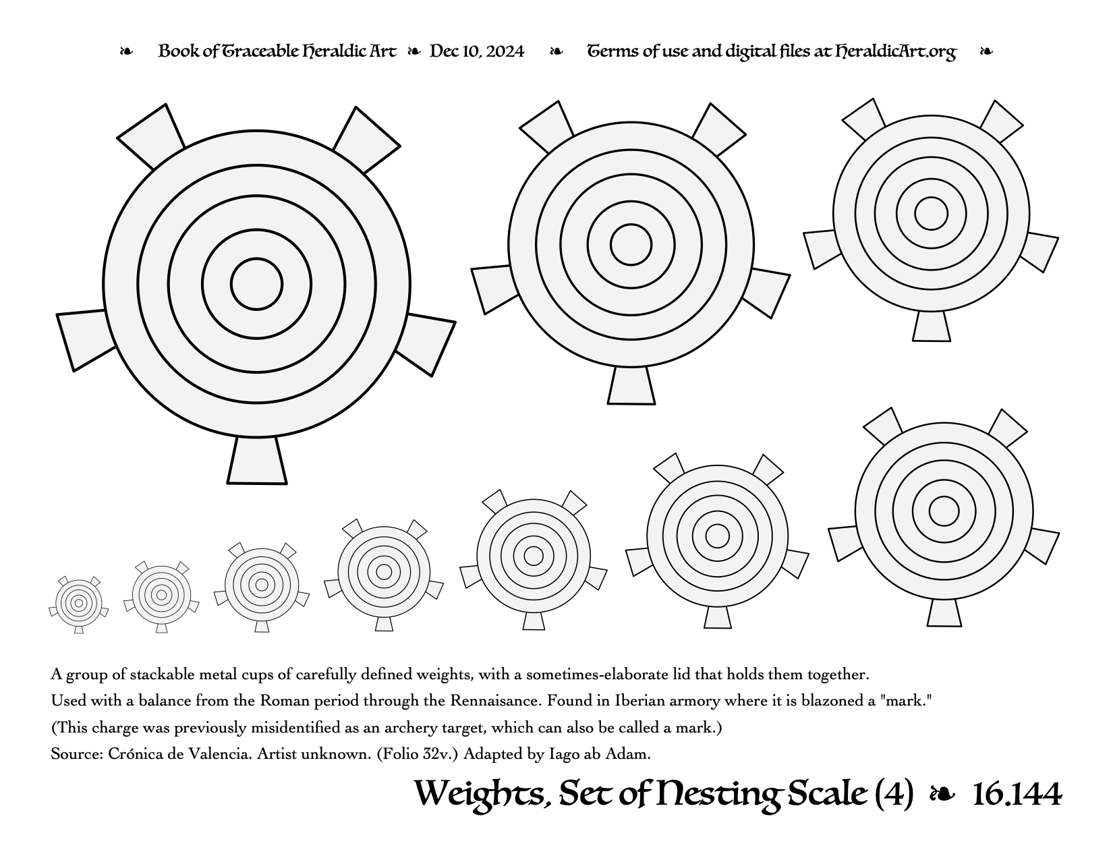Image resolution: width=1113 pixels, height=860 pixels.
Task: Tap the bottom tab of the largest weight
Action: tap(256, 460)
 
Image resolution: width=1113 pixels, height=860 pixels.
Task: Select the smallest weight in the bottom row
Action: tap(78, 604)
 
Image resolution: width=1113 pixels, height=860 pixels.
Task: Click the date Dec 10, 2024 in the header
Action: tap(476, 51)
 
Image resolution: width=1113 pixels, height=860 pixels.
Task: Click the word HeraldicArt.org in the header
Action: tap(895, 52)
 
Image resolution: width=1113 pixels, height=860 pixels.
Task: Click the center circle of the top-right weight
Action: tap(931, 214)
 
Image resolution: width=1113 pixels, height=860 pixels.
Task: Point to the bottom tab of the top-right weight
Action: tap(931, 326)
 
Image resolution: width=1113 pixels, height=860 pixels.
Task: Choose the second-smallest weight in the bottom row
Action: tap(161, 596)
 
